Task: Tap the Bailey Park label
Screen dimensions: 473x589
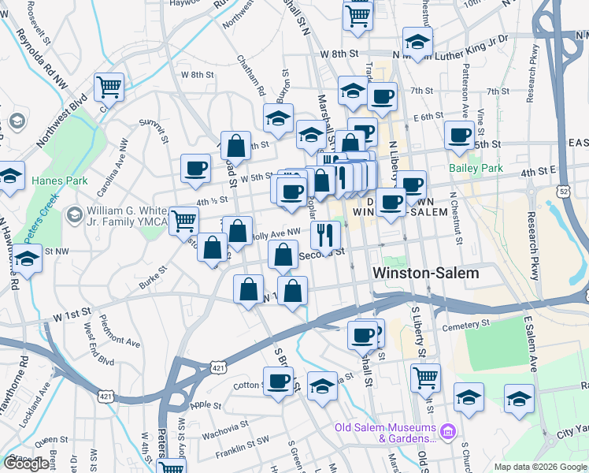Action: (476, 169)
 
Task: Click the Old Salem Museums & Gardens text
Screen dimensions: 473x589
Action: (385, 433)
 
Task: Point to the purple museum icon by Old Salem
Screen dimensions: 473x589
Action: (448, 431)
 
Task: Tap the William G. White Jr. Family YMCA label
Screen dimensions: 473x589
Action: (127, 216)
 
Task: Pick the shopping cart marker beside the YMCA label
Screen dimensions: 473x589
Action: (184, 220)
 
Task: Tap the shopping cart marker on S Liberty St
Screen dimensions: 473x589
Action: (426, 376)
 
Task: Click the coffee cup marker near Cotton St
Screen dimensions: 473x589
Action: (278, 382)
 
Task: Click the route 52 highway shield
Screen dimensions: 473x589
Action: (562, 191)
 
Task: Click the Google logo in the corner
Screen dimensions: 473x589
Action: (26, 464)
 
